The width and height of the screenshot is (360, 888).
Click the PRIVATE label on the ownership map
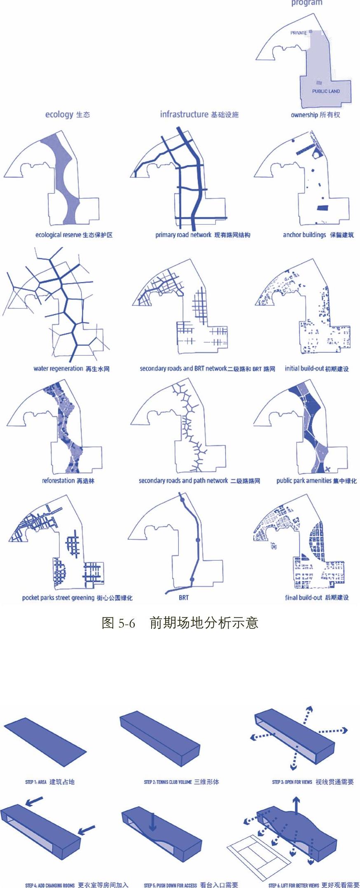point(299,33)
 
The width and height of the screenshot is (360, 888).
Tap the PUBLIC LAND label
point(326,91)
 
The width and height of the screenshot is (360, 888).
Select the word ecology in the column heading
point(59,114)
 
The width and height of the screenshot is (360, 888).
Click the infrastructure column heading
point(184,114)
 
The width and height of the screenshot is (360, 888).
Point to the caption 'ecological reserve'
point(58,235)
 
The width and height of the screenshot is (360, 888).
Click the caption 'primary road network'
point(183,235)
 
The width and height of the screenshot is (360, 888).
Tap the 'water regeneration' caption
point(58,369)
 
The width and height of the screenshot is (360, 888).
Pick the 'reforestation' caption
point(58,481)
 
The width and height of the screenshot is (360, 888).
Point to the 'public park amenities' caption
point(304,481)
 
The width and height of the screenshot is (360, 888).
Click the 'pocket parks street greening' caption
point(58,598)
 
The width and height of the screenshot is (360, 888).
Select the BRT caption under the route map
point(184,598)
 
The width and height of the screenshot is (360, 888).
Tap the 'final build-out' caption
point(304,598)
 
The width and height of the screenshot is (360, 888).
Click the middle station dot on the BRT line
point(198,540)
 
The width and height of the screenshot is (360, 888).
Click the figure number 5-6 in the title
point(127,623)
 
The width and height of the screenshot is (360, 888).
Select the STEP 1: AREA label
point(36,782)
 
